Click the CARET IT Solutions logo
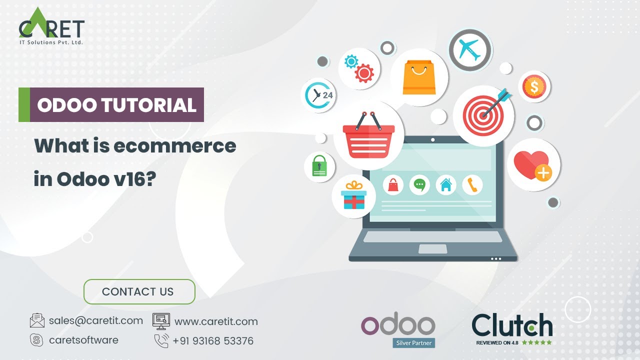(51, 27)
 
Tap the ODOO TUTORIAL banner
(116, 105)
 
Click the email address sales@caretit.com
(95, 320)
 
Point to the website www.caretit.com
(216, 321)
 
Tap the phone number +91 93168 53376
(213, 341)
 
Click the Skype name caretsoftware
(83, 340)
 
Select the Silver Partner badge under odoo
(414, 343)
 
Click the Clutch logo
(512, 326)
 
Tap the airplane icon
(470, 50)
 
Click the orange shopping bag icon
(419, 77)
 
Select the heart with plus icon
(533, 165)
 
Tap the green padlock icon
(319, 166)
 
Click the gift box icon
(353, 195)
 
